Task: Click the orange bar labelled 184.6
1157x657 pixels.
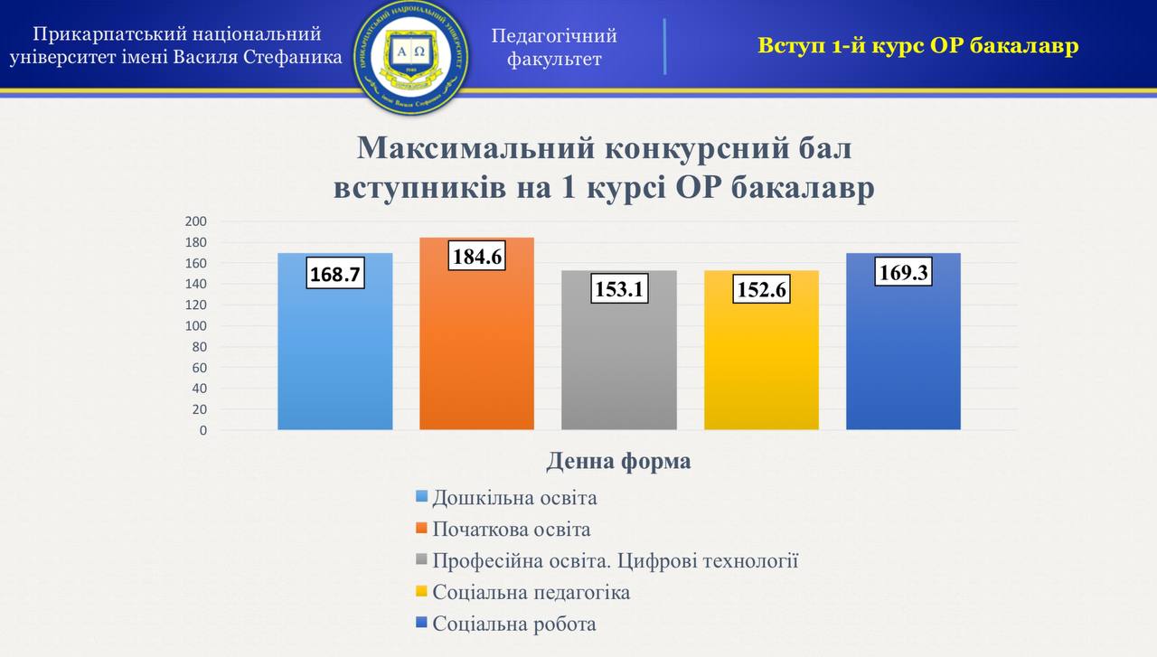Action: click(x=476, y=352)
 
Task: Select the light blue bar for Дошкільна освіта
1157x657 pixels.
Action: click(x=335, y=361)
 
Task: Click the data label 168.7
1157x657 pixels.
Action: click(x=335, y=273)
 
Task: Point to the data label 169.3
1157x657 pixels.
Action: click(x=903, y=272)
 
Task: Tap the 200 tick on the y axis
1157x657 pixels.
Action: click(x=196, y=221)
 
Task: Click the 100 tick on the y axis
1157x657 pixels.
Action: click(x=196, y=325)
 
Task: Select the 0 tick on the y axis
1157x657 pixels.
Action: click(x=203, y=430)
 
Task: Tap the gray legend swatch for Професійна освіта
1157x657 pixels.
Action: click(x=421, y=559)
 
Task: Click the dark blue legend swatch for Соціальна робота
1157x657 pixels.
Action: click(x=421, y=623)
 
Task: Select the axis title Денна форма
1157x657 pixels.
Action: click(x=618, y=461)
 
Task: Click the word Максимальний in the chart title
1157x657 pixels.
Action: click(x=476, y=147)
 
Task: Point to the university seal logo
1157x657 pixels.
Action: click(x=411, y=56)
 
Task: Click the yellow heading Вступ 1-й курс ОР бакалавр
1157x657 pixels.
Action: click(x=917, y=45)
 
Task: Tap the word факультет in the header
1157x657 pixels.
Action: click(x=554, y=59)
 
